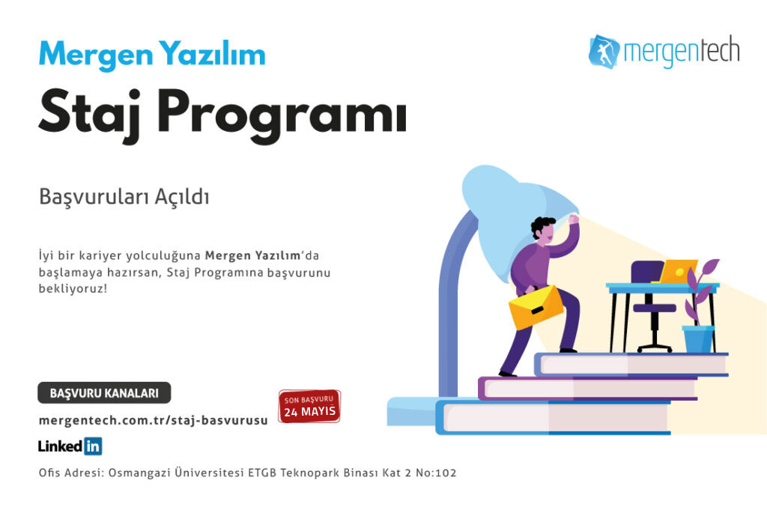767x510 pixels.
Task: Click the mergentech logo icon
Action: tap(604, 52)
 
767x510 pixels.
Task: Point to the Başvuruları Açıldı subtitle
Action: tap(124, 198)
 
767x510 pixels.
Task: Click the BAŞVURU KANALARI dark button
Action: tap(104, 393)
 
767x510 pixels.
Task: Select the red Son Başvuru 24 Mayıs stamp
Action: tap(309, 407)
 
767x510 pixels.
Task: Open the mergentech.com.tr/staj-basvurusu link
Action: tap(153, 421)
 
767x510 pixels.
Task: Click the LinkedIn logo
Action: tap(70, 446)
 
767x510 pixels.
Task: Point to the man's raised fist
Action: tap(573, 219)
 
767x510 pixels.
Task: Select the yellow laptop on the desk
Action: tap(677, 271)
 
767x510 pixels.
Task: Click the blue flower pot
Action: tap(699, 339)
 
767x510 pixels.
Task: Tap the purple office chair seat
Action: tap(655, 308)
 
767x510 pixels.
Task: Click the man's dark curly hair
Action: tap(542, 226)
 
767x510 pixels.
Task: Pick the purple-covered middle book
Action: tap(587, 389)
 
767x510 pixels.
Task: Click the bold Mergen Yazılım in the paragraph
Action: tap(252, 255)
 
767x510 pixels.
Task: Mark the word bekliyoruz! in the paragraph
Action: tap(73, 289)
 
